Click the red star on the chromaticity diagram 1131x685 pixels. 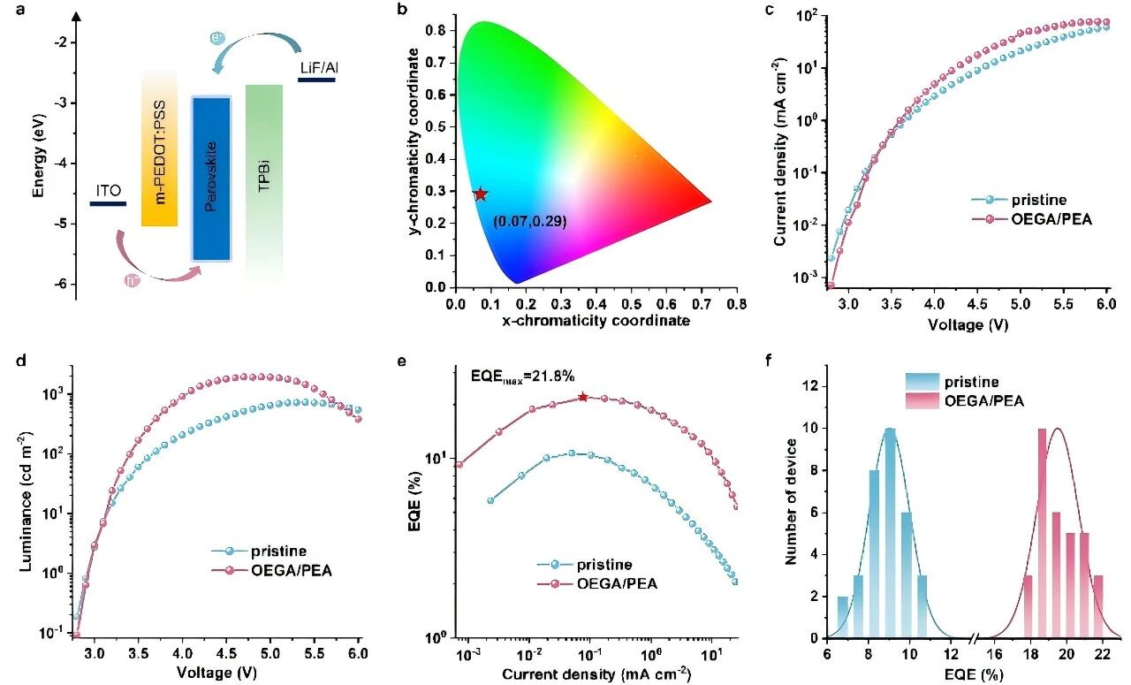click(x=480, y=194)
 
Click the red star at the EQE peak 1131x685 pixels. click(x=583, y=397)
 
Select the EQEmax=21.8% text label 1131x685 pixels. click(x=522, y=377)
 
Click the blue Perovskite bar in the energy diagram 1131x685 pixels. click(x=211, y=179)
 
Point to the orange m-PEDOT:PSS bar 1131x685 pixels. click(x=160, y=148)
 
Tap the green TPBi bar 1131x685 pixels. click(x=264, y=182)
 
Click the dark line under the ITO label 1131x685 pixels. click(x=108, y=203)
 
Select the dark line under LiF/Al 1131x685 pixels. click(x=316, y=80)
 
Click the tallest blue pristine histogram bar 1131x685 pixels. click(x=890, y=533)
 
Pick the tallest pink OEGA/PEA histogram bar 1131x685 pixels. click(x=1042, y=533)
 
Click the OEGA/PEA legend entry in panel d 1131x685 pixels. click(x=271, y=570)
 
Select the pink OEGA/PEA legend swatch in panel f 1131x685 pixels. click(x=922, y=401)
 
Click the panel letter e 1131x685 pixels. click(x=402, y=361)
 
